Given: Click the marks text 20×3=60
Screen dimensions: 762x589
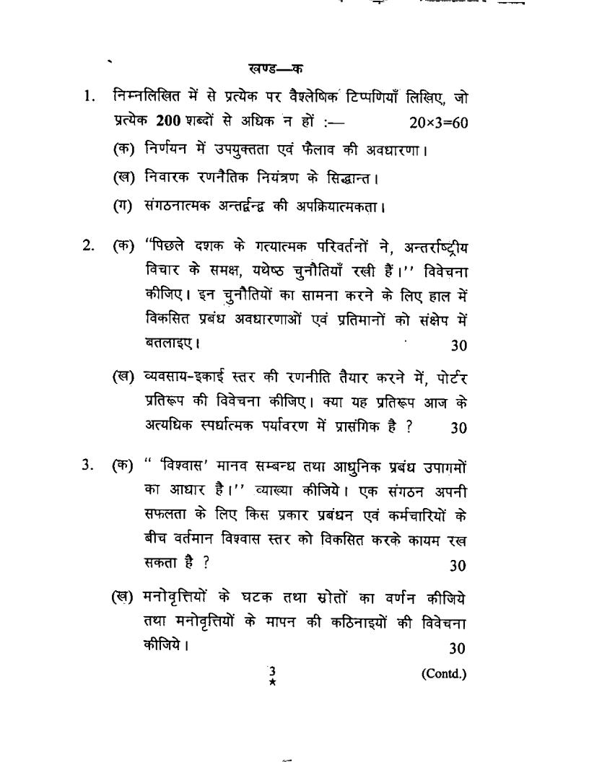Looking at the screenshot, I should pos(438,123).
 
